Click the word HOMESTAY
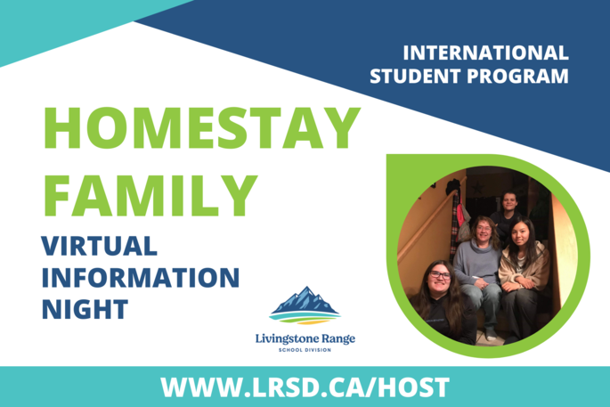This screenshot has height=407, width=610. pyautogui.click(x=202, y=127)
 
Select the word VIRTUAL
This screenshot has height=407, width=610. pyautogui.click(x=99, y=246)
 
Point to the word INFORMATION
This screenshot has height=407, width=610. pyautogui.click(x=141, y=278)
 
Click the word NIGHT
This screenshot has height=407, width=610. pyautogui.click(x=85, y=309)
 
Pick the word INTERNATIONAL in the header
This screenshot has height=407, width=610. pyautogui.click(x=485, y=53)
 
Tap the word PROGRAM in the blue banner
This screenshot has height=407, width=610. pyautogui.click(x=517, y=77)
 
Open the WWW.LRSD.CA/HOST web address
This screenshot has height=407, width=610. pyautogui.click(x=305, y=387)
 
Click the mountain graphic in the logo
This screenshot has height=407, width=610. pyautogui.click(x=305, y=305)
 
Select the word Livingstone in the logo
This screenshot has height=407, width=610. pyautogui.click(x=285, y=339)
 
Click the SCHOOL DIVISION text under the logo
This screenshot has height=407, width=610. pyautogui.click(x=305, y=350)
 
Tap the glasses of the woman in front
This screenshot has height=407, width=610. pyautogui.click(x=440, y=274)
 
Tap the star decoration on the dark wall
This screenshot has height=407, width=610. pyautogui.click(x=477, y=188)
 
